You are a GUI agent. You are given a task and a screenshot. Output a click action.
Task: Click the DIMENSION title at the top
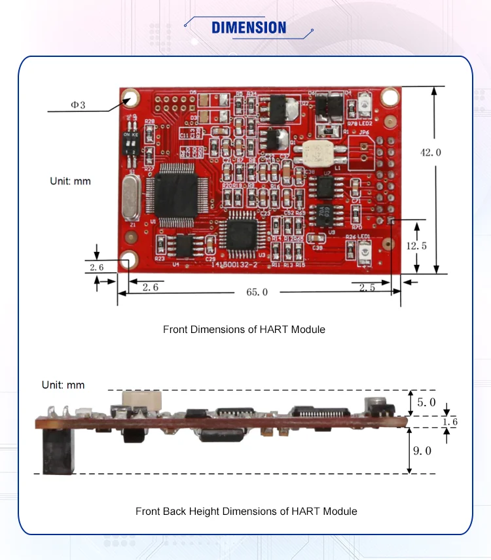point(249,27)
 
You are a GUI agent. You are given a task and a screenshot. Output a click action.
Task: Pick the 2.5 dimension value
point(367,287)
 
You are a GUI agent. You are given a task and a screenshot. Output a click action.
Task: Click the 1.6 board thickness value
point(450,422)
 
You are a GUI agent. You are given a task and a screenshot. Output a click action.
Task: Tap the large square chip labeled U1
point(173,194)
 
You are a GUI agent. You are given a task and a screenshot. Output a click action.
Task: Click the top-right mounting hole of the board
point(390,96)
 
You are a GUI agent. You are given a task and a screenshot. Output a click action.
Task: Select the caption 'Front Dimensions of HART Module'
point(244,329)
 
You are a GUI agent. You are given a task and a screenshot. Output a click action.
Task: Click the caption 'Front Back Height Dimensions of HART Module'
point(246,511)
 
